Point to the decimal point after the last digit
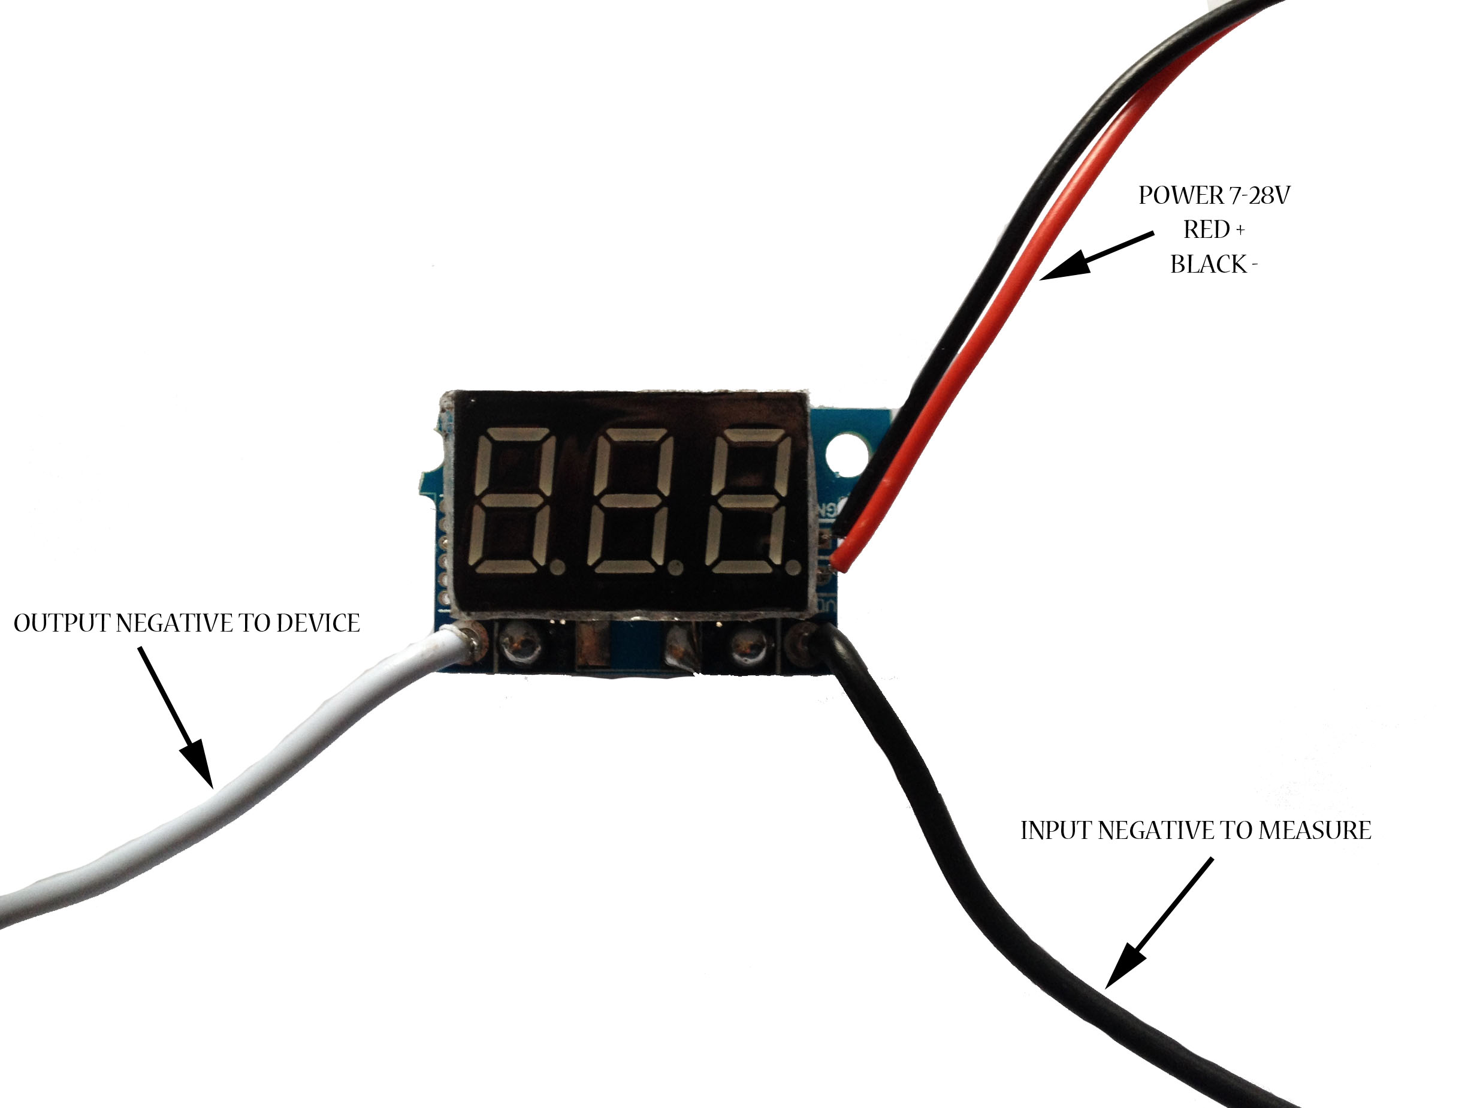(792, 568)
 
